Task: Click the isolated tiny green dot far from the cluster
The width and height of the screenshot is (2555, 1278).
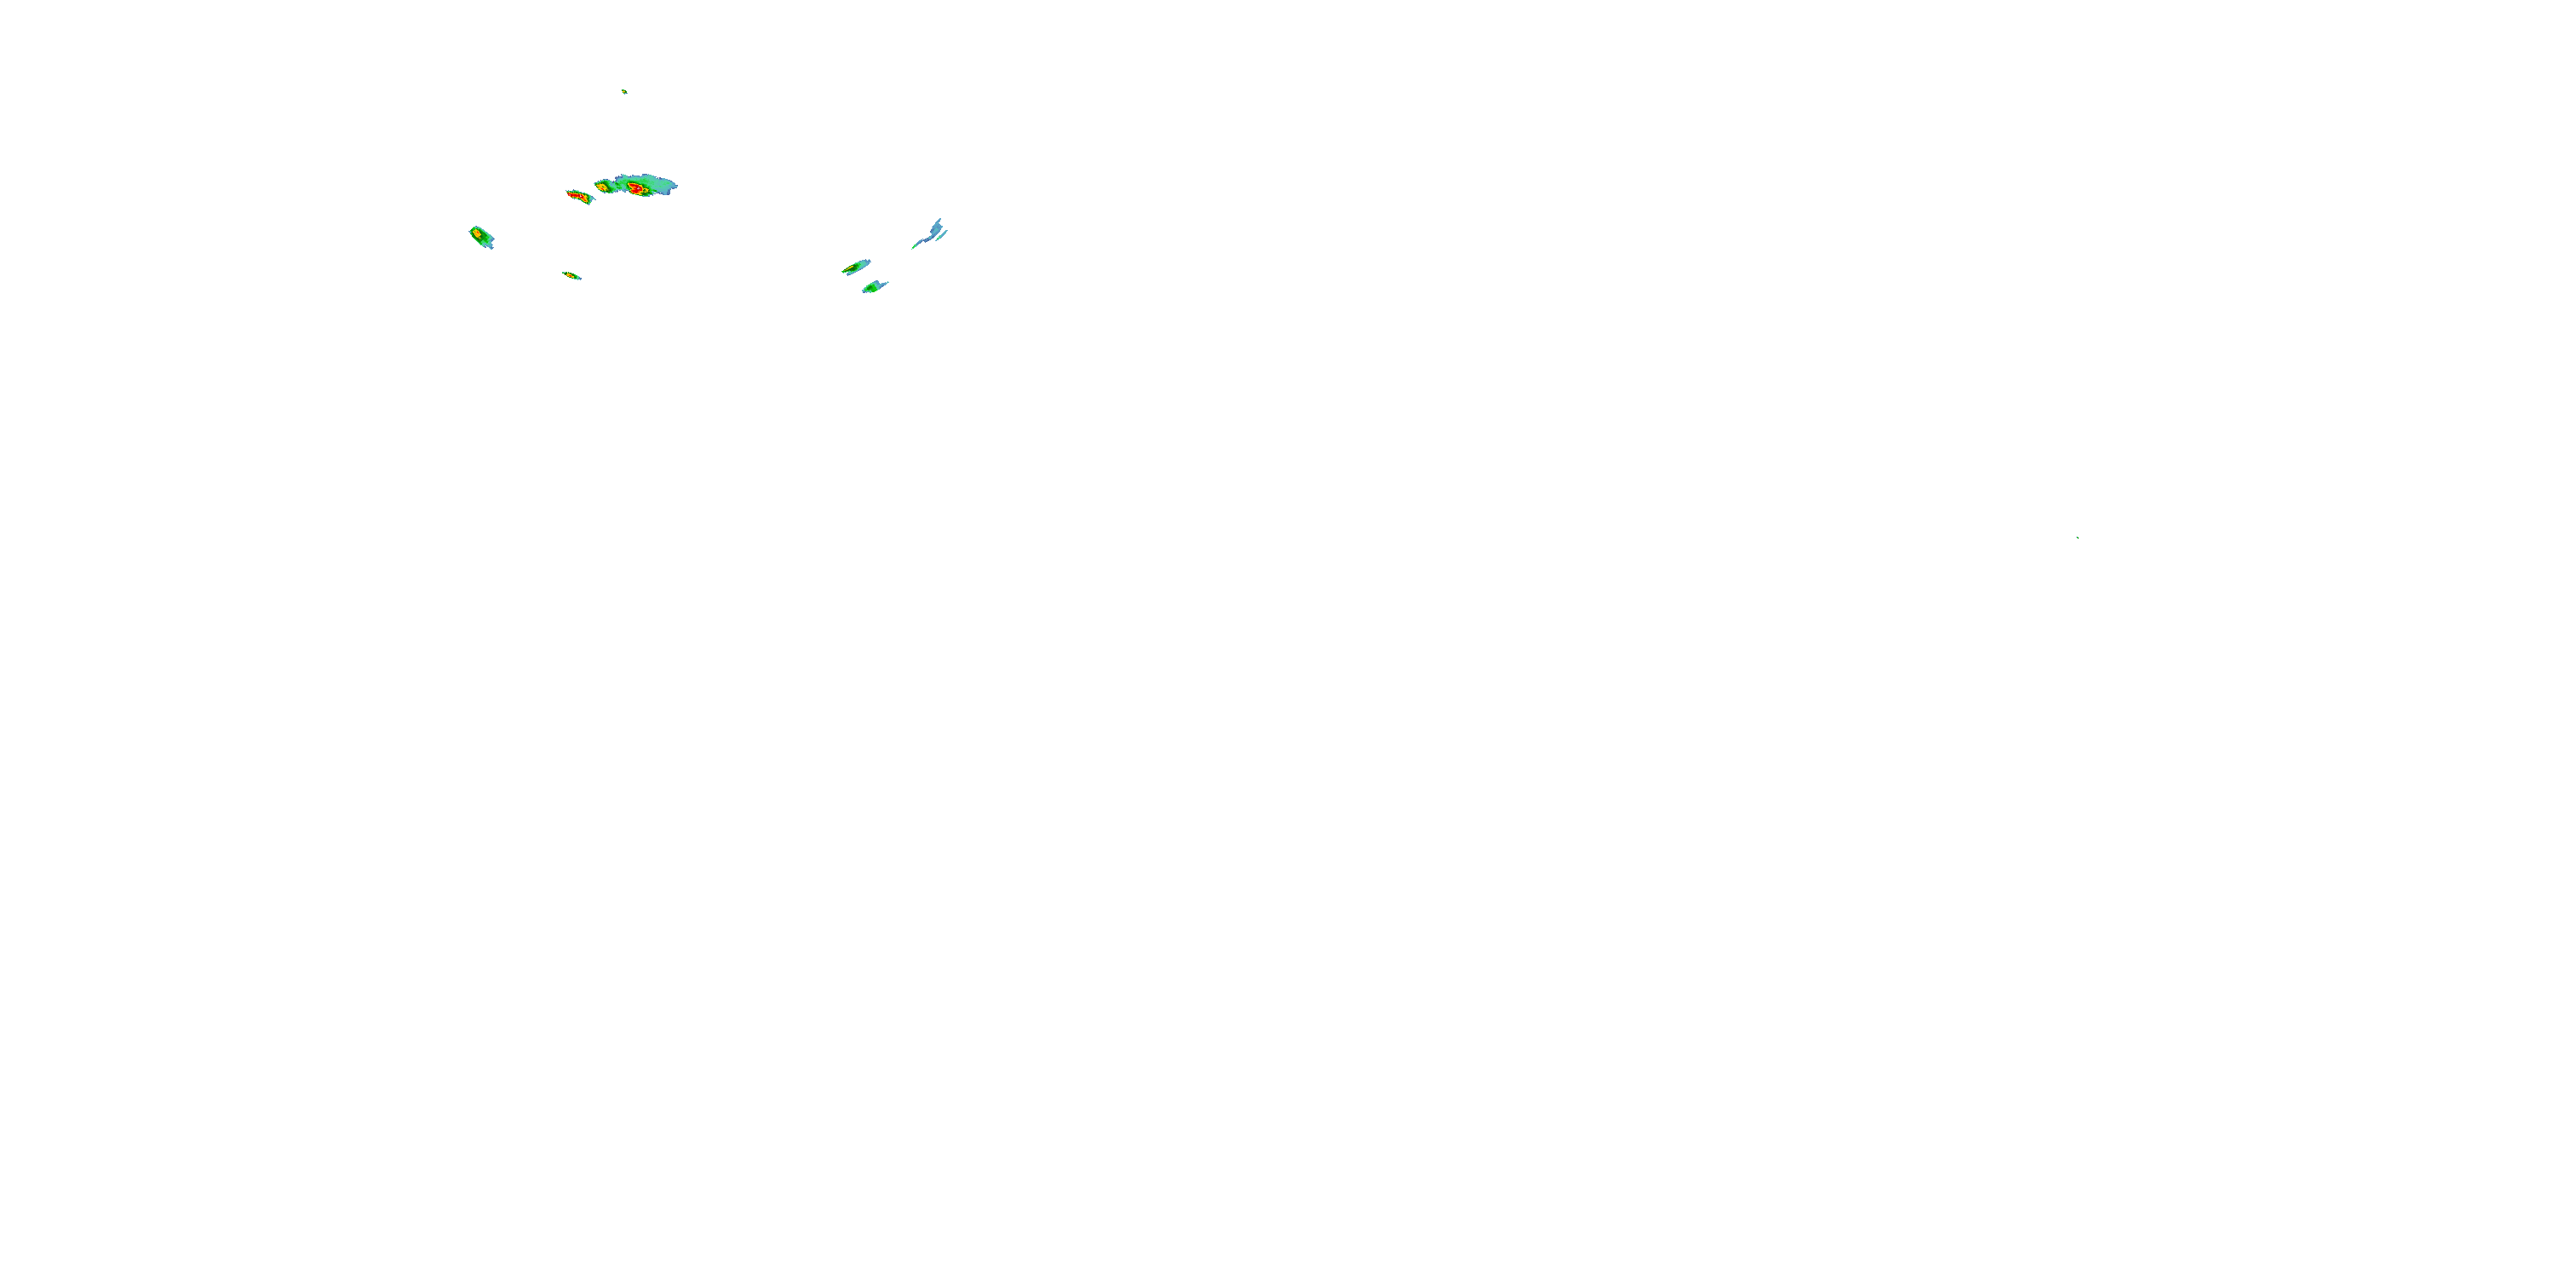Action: point(2077,537)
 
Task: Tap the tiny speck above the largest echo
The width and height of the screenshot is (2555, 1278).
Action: point(624,91)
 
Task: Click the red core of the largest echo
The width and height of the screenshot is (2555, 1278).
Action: point(636,187)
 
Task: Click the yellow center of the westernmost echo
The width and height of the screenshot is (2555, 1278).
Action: point(478,234)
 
